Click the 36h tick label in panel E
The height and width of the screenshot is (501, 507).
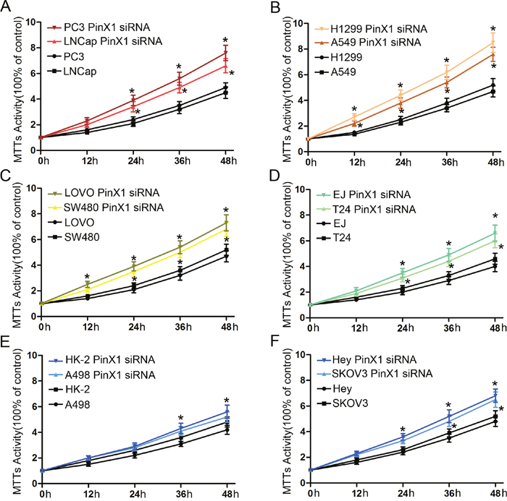tap(181, 492)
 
